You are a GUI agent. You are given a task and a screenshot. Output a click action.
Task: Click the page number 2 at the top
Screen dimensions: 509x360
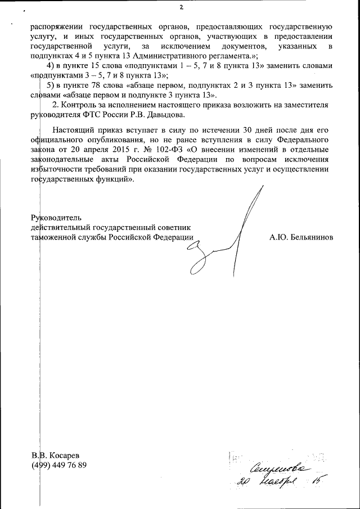tap(181, 7)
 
